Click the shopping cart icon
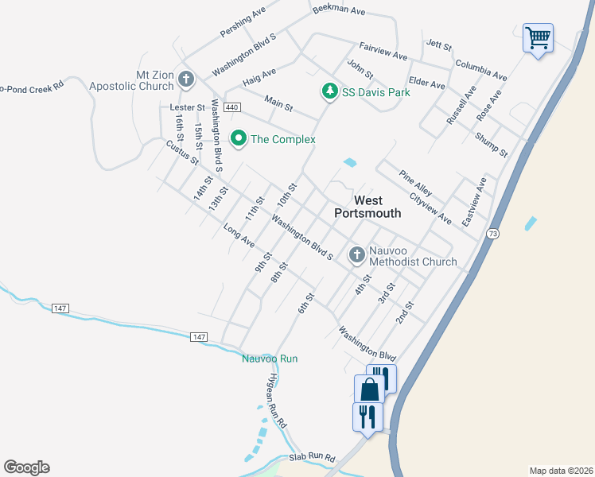pyautogui.click(x=538, y=37)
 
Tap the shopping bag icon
pyautogui.click(x=369, y=389)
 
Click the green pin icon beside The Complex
pyautogui.click(x=237, y=139)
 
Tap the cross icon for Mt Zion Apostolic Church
pyautogui.click(x=186, y=79)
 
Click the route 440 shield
pyautogui.click(x=231, y=107)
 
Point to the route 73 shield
pyautogui.click(x=494, y=234)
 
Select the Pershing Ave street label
pyautogui.click(x=243, y=24)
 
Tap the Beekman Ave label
pyautogui.click(x=338, y=10)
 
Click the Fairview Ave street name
pyautogui.click(x=383, y=52)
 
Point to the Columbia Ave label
pyautogui.click(x=480, y=69)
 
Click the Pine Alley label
pyautogui.click(x=416, y=181)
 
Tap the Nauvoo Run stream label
pyautogui.click(x=270, y=359)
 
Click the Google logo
pyautogui.click(x=26, y=467)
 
